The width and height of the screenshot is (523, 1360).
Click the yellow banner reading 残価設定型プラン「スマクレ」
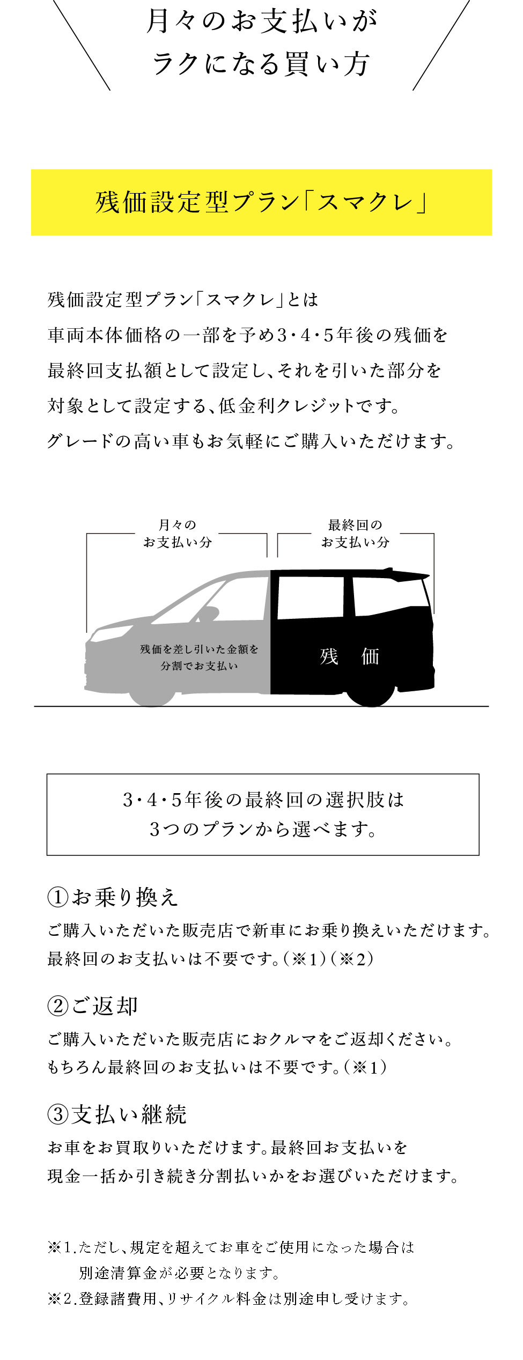(x=261, y=202)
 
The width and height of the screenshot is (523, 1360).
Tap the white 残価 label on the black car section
(x=350, y=656)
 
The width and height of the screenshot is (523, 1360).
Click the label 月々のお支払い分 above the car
(x=178, y=533)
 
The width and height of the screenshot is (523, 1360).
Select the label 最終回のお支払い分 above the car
(x=355, y=533)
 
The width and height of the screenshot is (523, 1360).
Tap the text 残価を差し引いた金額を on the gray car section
(x=199, y=649)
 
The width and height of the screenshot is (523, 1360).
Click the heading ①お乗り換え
(x=113, y=897)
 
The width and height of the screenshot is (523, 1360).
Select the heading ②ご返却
(x=93, y=1006)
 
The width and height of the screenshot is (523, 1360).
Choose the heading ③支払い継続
(x=117, y=1114)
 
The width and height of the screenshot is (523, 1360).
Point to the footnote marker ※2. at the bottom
(x=62, y=1298)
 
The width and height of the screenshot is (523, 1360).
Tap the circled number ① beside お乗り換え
(x=58, y=898)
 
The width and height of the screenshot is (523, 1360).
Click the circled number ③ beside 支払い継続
(x=58, y=1115)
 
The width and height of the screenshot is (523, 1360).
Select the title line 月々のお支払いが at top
(x=262, y=21)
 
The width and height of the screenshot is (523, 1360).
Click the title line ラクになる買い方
(x=261, y=64)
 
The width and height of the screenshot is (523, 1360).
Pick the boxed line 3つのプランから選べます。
(x=263, y=829)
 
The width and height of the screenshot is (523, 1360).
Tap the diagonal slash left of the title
(x=82, y=45)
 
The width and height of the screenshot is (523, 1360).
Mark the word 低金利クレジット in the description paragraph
(x=288, y=406)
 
